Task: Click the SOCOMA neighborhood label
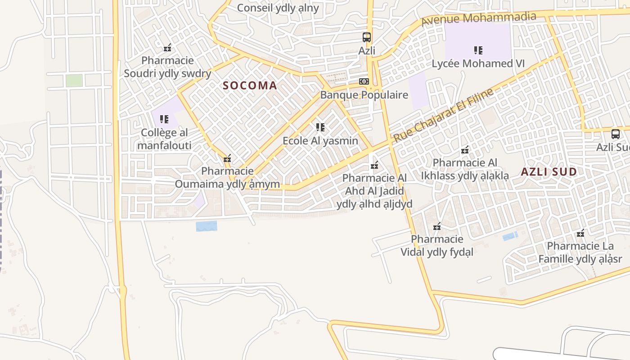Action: (x=250, y=85)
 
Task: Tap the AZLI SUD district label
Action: (x=549, y=171)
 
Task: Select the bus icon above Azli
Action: (x=367, y=37)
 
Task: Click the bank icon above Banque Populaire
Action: (x=364, y=81)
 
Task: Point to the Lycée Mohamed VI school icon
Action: (x=478, y=50)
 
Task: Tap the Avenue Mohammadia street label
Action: (x=479, y=19)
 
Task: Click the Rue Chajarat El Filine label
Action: (x=443, y=116)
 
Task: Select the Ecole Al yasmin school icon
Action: (x=320, y=127)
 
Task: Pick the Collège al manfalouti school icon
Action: (x=164, y=119)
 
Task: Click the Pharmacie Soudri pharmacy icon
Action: (x=167, y=47)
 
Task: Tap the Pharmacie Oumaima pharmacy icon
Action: (x=227, y=158)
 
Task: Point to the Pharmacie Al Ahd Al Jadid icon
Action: (x=374, y=165)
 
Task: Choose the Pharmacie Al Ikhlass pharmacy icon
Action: (x=465, y=150)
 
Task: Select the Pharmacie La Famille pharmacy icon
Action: (x=580, y=233)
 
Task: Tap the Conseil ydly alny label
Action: (x=278, y=8)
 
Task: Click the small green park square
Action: (x=74, y=81)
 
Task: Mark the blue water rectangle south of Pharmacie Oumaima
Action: (x=206, y=226)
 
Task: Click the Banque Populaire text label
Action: (x=364, y=95)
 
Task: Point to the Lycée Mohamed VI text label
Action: (x=478, y=63)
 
